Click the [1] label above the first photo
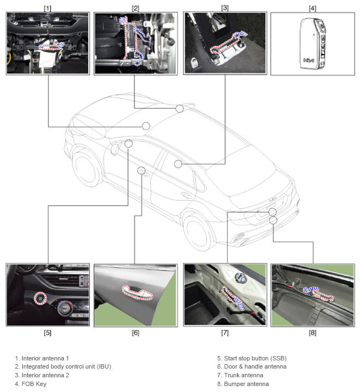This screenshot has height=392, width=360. [x=47, y=8]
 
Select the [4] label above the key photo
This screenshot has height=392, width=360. [x=312, y=8]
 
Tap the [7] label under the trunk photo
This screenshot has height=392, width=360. [x=224, y=332]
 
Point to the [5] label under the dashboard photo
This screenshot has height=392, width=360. [x=47, y=332]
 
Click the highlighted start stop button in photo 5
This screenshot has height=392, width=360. [x=39, y=297]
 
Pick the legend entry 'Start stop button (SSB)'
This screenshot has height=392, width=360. [x=251, y=358]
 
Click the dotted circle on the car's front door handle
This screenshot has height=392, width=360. [x=141, y=170]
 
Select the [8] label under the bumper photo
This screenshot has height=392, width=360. [x=312, y=332]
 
